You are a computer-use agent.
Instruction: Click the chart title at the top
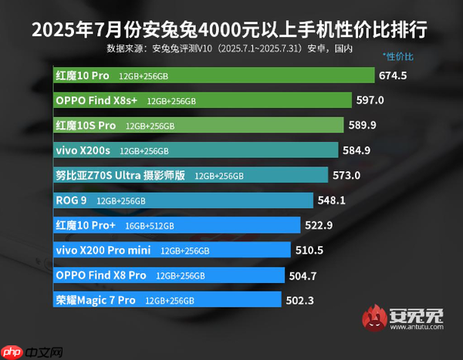[231, 33]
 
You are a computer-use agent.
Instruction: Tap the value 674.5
[393, 76]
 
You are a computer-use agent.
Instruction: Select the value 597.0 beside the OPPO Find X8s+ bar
[370, 100]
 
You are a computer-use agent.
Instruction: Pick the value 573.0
[346, 175]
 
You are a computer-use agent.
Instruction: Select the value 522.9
[318, 225]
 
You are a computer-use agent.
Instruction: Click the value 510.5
[308, 250]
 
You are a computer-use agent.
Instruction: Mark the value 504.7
[302, 275]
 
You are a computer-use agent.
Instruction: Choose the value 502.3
[299, 300]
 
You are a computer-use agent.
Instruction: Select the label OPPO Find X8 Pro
[100, 275]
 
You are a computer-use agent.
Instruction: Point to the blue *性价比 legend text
[398, 57]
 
